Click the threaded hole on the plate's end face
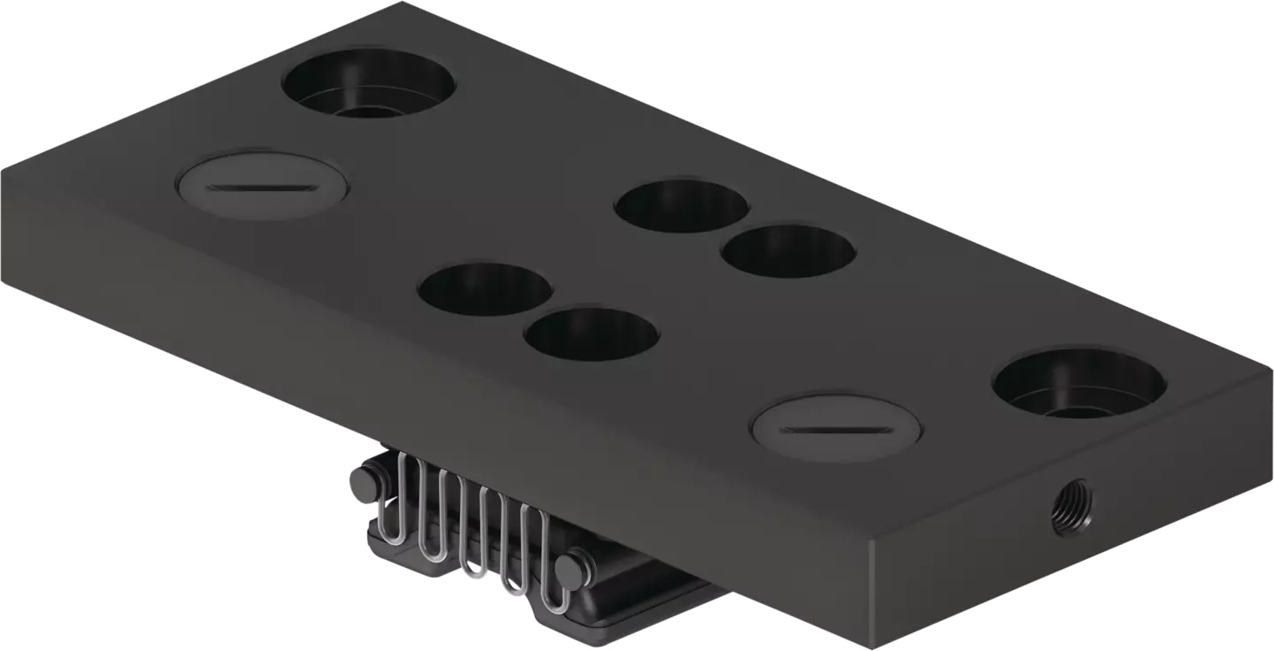coord(1071,508)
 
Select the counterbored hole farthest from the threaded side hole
coord(369,84)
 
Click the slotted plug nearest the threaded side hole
coord(836,430)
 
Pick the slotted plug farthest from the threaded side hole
coord(262,187)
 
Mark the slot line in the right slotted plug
coord(835,431)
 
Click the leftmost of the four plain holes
coord(485,289)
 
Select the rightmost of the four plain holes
coord(788,250)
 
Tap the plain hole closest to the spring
coord(591,334)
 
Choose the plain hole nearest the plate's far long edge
coord(681,205)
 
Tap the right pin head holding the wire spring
coord(572,568)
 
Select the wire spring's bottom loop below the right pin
coord(556,608)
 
